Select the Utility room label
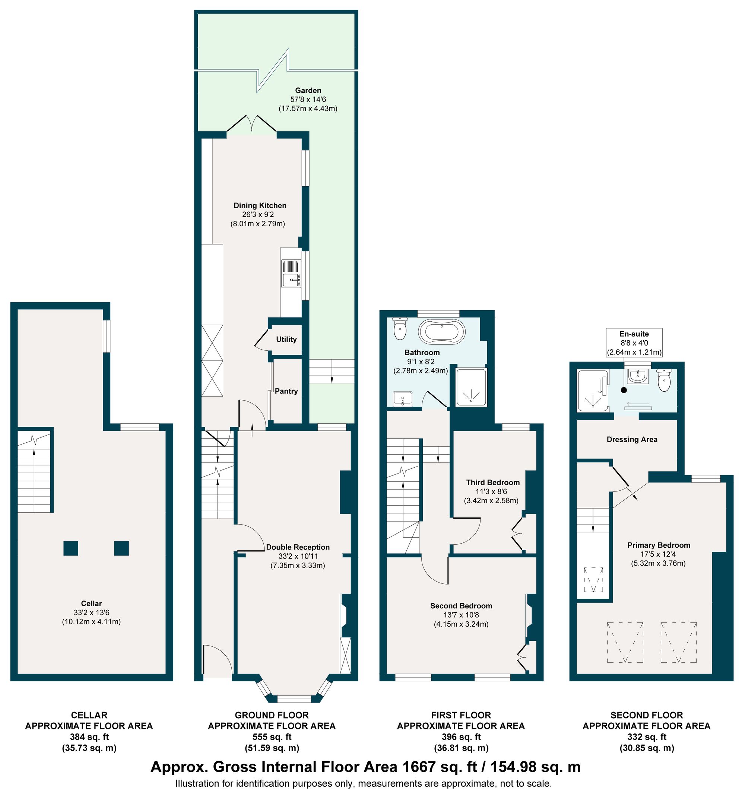pyautogui.click(x=286, y=339)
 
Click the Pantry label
pyautogui.click(x=286, y=391)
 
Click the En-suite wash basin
pyautogui.click(x=638, y=376)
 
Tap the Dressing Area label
pyautogui.click(x=632, y=439)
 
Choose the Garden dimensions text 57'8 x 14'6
pyautogui.click(x=308, y=99)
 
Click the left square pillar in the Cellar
pyautogui.click(x=71, y=548)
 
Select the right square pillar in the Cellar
pyautogui.click(x=121, y=548)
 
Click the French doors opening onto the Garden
pyautogui.click(x=252, y=123)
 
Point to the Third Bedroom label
pyautogui.click(x=492, y=482)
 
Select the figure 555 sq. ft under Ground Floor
pyautogui.click(x=272, y=737)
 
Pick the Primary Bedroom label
pyautogui.click(x=659, y=545)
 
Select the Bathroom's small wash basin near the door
pyautogui.click(x=402, y=399)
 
